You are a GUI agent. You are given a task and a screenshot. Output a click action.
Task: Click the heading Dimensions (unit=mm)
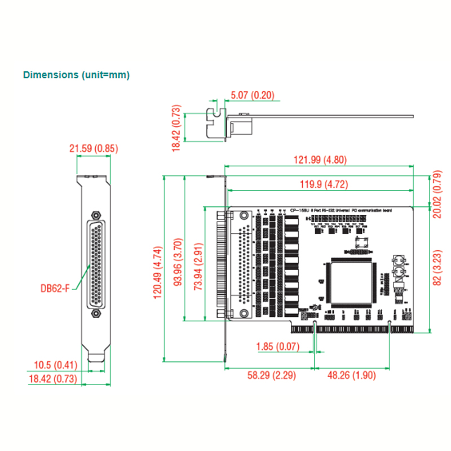click(76, 74)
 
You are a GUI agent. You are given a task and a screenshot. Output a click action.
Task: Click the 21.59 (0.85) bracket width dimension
click(94, 149)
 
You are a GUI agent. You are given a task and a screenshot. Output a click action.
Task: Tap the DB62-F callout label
click(55, 289)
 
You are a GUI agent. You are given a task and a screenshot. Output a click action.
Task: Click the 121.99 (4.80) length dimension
click(320, 160)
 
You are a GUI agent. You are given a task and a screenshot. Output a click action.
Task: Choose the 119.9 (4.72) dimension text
click(320, 184)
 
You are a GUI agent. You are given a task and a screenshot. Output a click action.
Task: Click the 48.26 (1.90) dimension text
click(352, 375)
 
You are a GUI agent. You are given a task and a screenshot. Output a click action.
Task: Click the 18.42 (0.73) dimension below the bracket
click(52, 379)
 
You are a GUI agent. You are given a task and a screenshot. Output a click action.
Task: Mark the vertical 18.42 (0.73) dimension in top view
click(176, 127)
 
